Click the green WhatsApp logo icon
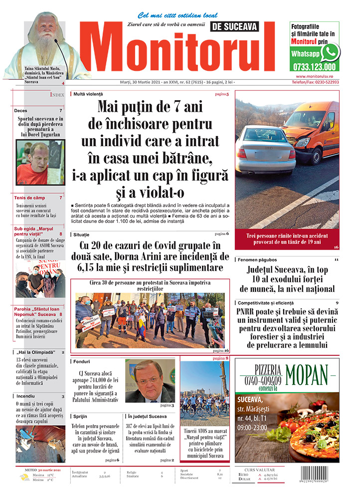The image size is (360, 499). (x=330, y=52)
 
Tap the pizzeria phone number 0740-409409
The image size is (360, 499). (x=261, y=379)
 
